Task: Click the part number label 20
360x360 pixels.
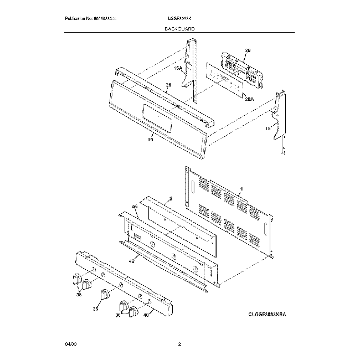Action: click(248, 50)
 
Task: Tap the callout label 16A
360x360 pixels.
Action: click(178, 68)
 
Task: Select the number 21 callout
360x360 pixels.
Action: click(168, 85)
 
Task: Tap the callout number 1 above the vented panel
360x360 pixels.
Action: click(241, 189)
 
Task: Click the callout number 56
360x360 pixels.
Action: click(135, 207)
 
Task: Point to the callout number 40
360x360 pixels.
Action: click(146, 316)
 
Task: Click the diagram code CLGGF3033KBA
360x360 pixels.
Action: click(270, 314)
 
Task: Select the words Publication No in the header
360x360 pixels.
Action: click(80, 19)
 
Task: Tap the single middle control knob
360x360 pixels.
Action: click(105, 295)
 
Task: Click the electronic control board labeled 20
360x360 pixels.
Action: click(243, 69)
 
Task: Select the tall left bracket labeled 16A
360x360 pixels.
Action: click(193, 69)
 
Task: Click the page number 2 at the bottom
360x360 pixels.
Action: click(179, 344)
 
